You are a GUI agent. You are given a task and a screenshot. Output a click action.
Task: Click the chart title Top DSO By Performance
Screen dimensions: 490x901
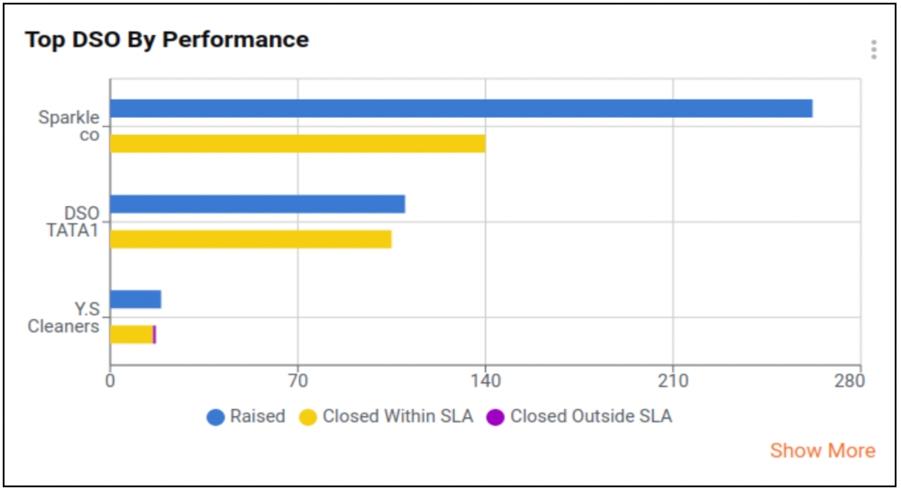[167, 40]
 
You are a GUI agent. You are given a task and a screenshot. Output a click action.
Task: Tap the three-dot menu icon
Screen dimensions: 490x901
[873, 50]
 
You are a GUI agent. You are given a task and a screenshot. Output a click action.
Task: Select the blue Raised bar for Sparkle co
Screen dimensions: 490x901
[460, 108]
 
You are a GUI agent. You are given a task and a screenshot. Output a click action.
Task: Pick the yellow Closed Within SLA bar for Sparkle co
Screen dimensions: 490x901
[297, 143]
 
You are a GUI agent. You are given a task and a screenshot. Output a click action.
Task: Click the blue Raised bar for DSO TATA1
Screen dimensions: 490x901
[257, 204]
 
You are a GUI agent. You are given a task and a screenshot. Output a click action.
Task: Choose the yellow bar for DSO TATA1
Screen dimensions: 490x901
[250, 239]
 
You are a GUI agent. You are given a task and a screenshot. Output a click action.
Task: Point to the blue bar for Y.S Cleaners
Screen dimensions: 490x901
[135, 299]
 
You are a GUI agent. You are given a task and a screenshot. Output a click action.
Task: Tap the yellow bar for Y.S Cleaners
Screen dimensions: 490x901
[132, 334]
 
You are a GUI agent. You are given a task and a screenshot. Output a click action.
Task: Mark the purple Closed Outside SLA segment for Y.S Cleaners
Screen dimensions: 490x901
[155, 334]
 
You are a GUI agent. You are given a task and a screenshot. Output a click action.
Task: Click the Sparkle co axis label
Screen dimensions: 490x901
[69, 126]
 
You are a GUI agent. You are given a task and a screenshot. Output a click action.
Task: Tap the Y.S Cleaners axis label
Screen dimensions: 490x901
[64, 317]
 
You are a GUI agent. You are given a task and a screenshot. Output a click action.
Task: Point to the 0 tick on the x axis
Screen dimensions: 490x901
[110, 381]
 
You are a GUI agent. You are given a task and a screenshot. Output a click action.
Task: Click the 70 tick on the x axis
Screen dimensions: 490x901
[297, 381]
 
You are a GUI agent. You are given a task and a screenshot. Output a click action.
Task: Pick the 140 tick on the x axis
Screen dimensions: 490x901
[486, 381]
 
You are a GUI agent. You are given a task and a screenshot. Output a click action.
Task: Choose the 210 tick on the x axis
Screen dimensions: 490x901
[673, 381]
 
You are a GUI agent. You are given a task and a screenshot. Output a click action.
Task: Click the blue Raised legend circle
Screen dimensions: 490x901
[215, 417]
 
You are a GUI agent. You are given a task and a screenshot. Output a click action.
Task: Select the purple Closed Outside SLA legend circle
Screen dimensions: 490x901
[496, 417]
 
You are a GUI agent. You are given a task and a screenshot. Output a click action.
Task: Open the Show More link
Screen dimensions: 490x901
[822, 450]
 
